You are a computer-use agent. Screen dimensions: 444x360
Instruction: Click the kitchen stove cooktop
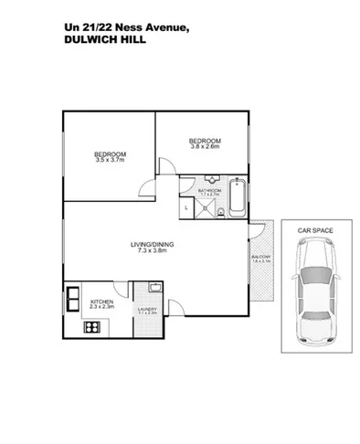click(x=90, y=327)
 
